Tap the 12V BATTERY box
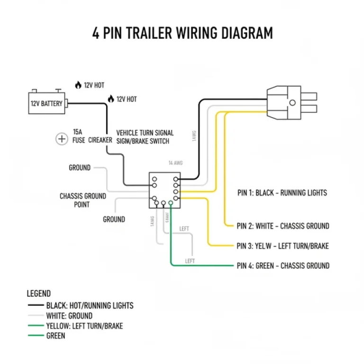pyautogui.click(x=46, y=103)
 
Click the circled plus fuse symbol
pyautogui.click(x=62, y=139)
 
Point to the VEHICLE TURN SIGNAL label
pyautogui.click(x=145, y=133)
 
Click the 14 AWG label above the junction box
pyautogui.click(x=175, y=163)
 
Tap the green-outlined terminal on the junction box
pyautogui.click(x=171, y=203)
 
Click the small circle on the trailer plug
pyautogui.click(x=293, y=102)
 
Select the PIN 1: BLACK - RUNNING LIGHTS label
pyautogui.click(x=282, y=193)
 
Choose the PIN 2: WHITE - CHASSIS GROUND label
pyautogui.click(x=282, y=226)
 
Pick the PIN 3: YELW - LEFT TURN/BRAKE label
pyautogui.click(x=282, y=246)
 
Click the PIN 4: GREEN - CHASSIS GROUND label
pyautogui.click(x=282, y=265)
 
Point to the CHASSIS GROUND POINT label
pyautogui.click(x=83, y=200)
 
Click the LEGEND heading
pyautogui.click(x=38, y=294)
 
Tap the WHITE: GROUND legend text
pyautogui.click(x=69, y=316)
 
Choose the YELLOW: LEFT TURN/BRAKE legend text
pyautogui.click(x=84, y=326)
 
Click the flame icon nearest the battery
pyautogui.click(x=78, y=85)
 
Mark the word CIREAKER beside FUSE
pyautogui.click(x=100, y=140)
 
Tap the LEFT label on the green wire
pyautogui.click(x=190, y=261)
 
